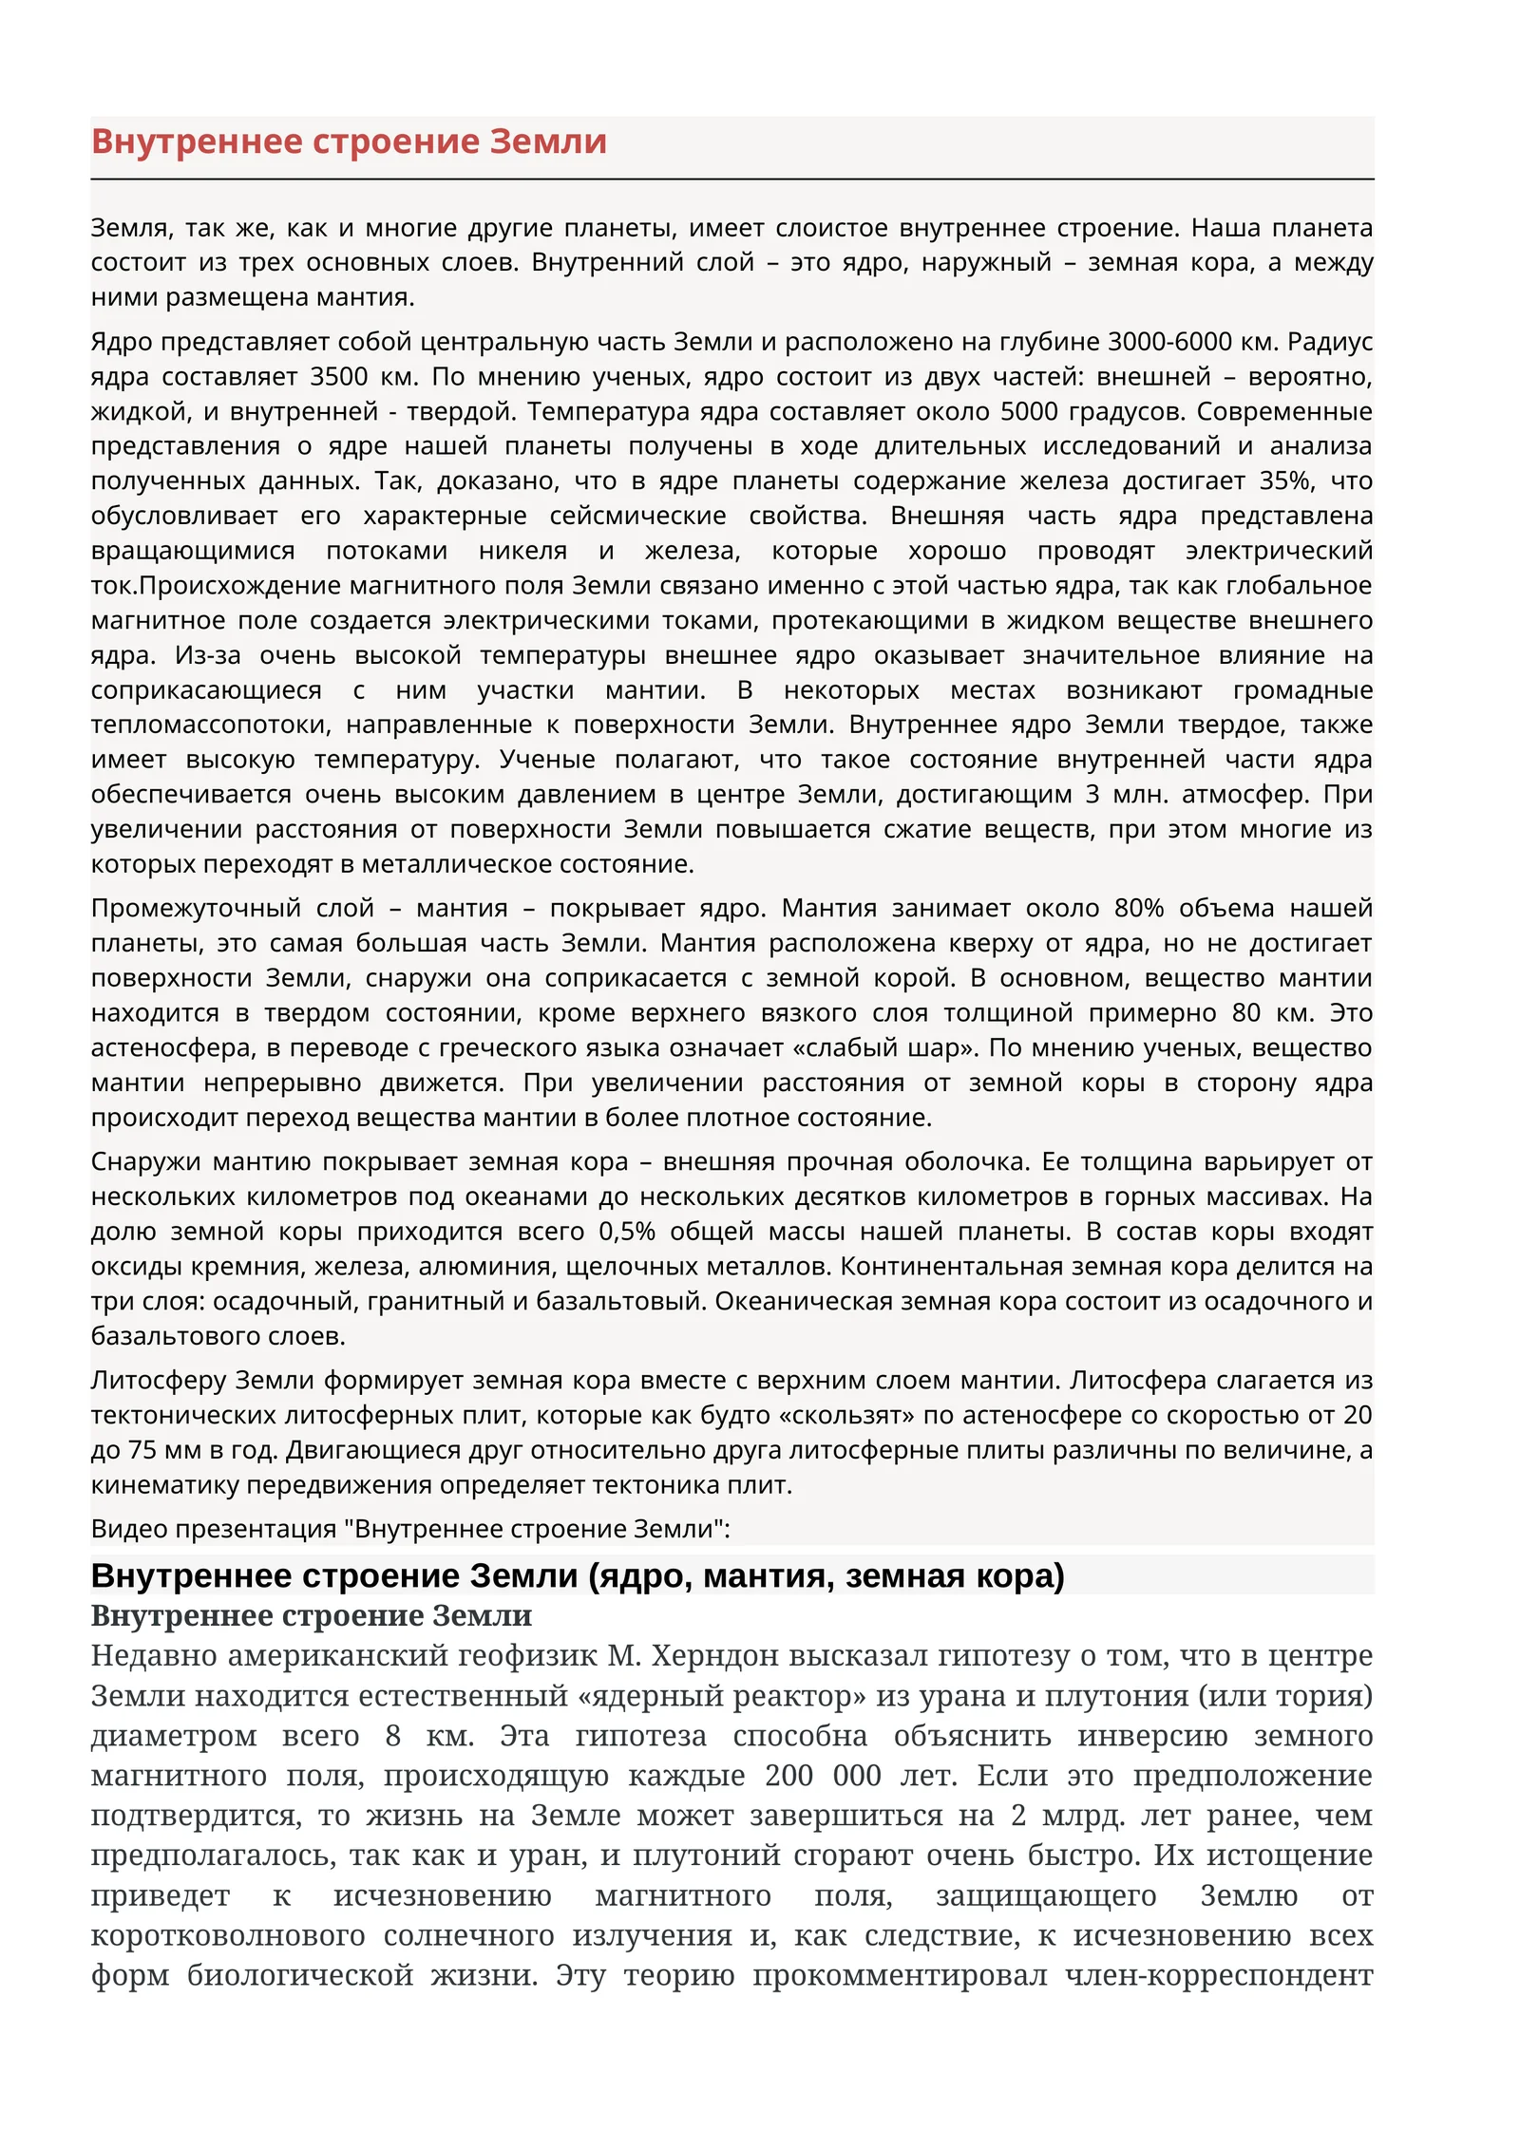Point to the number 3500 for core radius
pos(338,376)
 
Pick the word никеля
pos(522,551)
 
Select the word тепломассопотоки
pos(210,725)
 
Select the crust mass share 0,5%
pos(627,1232)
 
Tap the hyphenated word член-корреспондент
pos(1219,1974)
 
